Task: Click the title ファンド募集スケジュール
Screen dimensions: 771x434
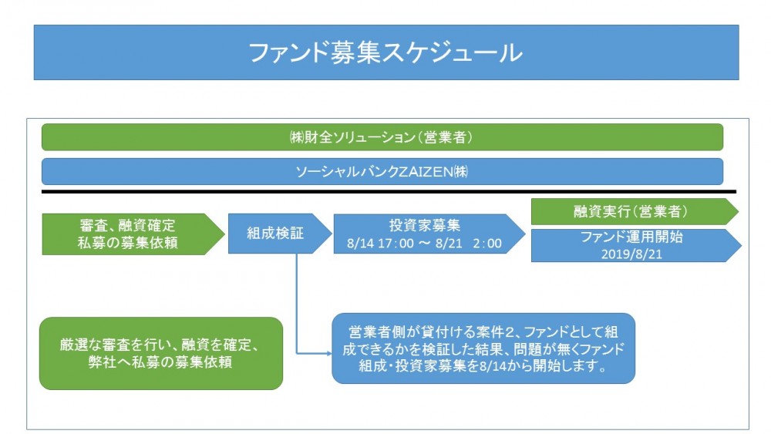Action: click(x=385, y=52)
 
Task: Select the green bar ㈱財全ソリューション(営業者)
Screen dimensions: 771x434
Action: click(x=382, y=137)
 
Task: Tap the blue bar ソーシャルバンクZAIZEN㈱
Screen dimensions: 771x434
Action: click(x=382, y=172)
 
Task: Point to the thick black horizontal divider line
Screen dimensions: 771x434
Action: click(x=389, y=192)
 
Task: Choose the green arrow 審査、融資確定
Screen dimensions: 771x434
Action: click(x=133, y=234)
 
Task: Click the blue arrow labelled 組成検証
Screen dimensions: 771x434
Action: click(x=280, y=234)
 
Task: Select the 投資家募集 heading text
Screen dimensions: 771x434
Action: click(x=424, y=225)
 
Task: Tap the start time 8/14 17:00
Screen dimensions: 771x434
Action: click(x=380, y=244)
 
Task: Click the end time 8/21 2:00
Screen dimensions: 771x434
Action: click(x=468, y=244)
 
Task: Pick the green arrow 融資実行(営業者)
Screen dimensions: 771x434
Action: click(x=635, y=211)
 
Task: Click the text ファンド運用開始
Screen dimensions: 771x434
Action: click(x=631, y=237)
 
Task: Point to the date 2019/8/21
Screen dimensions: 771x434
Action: click(x=631, y=254)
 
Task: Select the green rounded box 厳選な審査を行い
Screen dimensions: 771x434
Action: click(x=161, y=353)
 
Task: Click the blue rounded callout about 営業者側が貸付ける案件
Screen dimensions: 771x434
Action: click(x=483, y=348)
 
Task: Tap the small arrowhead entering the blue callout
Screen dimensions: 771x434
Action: click(x=329, y=353)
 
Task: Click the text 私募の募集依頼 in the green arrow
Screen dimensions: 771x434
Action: click(x=127, y=243)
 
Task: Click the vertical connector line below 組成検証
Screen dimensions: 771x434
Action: click(x=297, y=303)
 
